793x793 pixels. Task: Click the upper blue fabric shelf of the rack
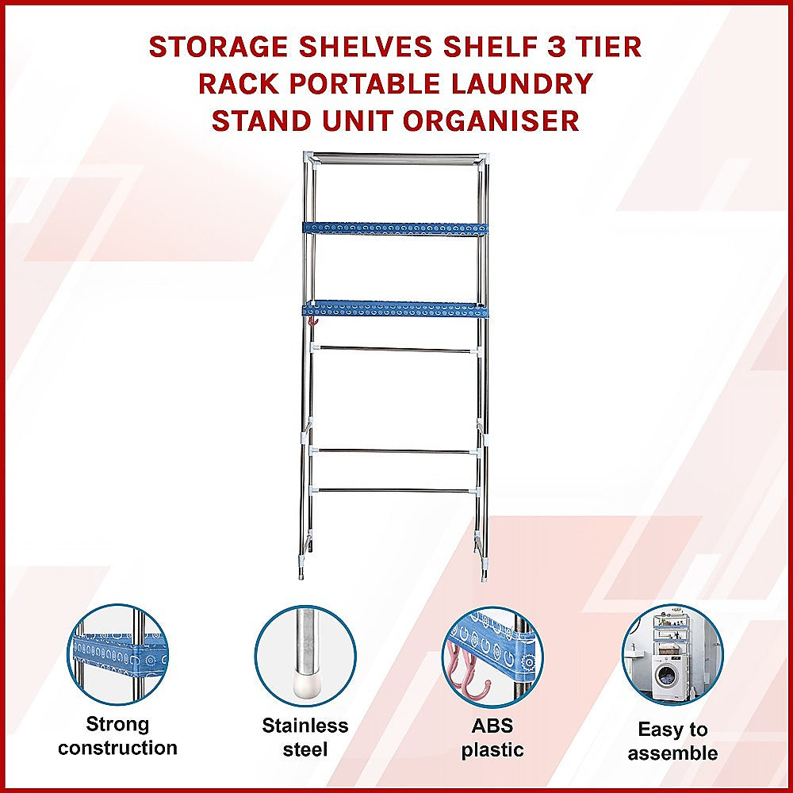[x=395, y=228]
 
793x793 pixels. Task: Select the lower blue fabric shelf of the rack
[x=395, y=308]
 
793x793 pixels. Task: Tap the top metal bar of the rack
[x=395, y=158]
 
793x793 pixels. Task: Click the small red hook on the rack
[x=312, y=322]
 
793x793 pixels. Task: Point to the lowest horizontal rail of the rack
[x=395, y=491]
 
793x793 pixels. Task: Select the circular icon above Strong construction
[x=117, y=654]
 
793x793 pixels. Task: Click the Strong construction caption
[x=117, y=736]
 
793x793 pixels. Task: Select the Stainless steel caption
[x=305, y=737]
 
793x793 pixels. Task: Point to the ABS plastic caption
[x=492, y=737]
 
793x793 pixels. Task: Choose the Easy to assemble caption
[x=672, y=741]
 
